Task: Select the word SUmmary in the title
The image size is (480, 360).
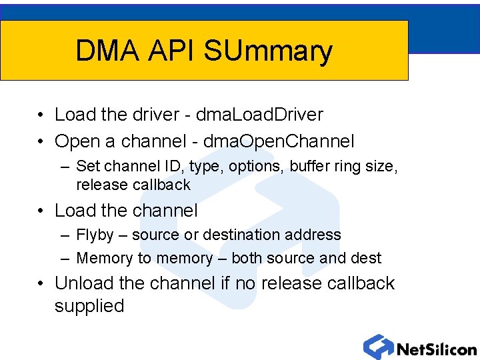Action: tap(268, 52)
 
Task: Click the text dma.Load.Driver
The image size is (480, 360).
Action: tap(263, 115)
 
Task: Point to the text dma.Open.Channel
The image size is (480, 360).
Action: tap(279, 141)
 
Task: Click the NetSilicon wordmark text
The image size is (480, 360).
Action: tap(437, 349)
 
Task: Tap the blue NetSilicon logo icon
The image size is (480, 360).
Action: tap(378, 347)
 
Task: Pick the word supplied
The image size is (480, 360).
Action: tap(89, 306)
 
